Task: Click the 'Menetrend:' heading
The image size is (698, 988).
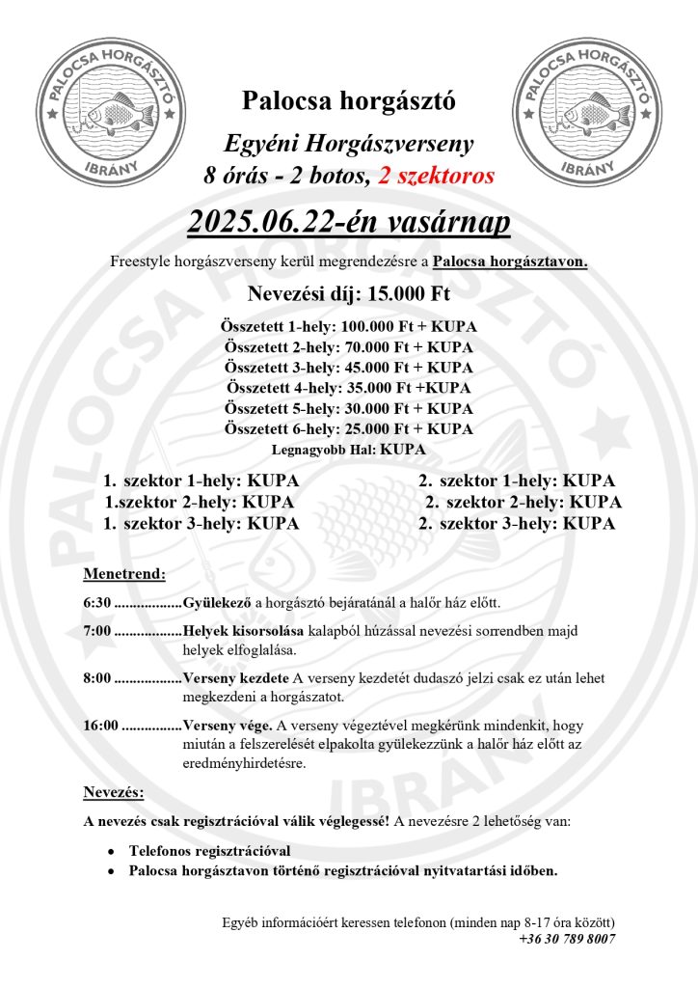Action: coord(124,573)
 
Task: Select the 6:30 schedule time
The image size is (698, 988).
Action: coord(96,603)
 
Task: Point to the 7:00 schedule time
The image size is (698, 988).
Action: coord(96,630)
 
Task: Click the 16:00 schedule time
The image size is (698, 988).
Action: coord(100,725)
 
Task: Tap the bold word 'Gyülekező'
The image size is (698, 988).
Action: coord(217,603)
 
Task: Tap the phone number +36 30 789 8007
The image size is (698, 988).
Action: coord(566,939)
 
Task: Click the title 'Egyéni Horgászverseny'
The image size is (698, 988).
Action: coord(348,145)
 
